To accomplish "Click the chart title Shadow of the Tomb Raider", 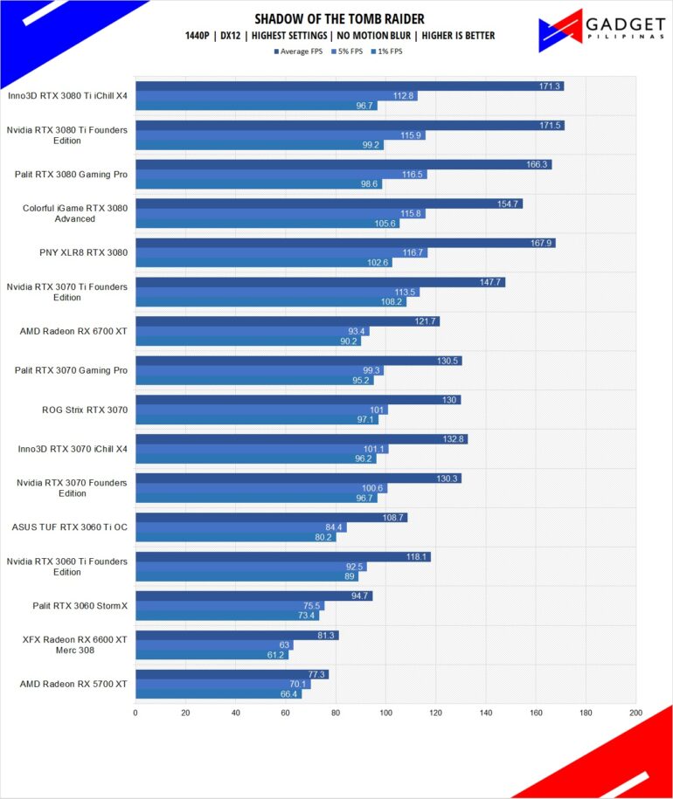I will (339, 19).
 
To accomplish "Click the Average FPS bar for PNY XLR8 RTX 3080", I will (345, 243).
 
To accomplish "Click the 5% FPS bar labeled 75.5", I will (229, 605).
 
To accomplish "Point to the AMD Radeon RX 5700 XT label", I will (73, 684).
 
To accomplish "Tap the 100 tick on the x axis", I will (385, 713).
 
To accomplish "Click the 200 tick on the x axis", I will (635, 713).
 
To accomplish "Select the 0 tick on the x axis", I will (135, 713).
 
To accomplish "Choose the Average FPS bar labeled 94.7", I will (253, 596).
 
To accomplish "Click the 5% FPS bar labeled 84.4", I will (240, 527).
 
